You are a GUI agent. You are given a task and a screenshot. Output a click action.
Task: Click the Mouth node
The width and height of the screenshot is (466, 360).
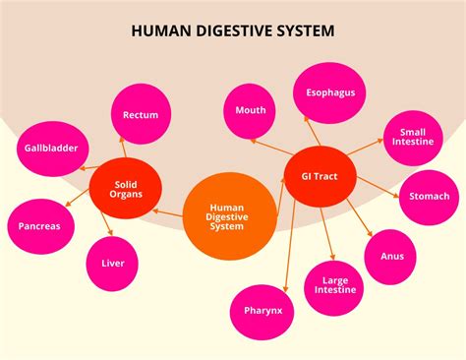(x=250, y=109)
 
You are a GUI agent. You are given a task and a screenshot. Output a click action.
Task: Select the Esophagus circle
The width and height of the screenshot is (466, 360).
(x=329, y=93)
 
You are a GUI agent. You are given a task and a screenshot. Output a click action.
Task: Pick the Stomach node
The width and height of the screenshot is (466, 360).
(x=429, y=196)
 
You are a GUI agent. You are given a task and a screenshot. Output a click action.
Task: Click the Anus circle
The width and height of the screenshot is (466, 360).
(x=391, y=256)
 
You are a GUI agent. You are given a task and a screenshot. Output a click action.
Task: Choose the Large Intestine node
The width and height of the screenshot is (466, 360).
(x=330, y=285)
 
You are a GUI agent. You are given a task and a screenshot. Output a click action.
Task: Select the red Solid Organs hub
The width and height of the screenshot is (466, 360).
(x=124, y=188)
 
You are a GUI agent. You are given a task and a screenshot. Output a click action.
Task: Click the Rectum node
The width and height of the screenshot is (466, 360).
(x=141, y=114)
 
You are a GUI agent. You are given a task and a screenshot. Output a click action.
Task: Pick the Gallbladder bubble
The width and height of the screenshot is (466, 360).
(x=51, y=149)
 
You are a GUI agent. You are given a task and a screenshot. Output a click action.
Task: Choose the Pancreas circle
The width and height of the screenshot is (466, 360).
(x=39, y=225)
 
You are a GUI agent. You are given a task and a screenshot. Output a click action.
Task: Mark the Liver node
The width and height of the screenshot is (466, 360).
(x=112, y=263)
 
